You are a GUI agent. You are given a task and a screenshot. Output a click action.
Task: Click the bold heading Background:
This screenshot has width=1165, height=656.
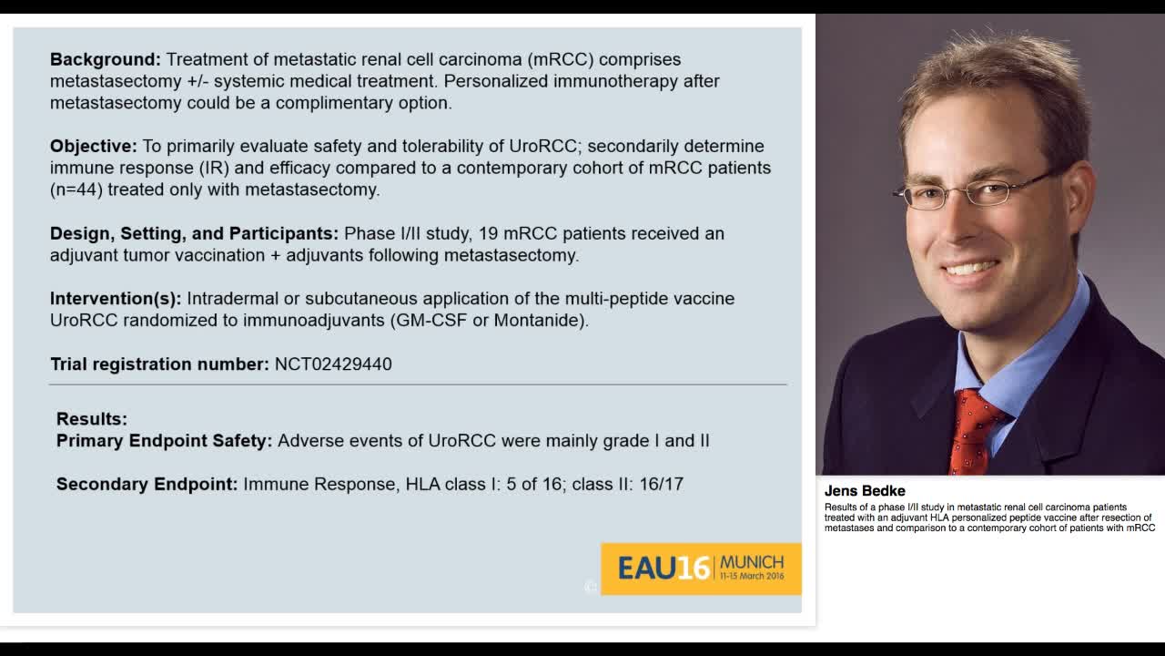[106, 59]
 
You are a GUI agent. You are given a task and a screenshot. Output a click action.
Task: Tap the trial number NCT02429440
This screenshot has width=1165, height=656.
[333, 364]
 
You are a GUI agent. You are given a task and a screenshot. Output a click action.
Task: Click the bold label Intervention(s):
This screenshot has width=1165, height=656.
[116, 299]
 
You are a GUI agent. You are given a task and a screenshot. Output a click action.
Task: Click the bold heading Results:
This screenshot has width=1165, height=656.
[92, 419]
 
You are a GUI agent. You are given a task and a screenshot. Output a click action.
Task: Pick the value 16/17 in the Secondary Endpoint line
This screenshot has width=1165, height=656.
[662, 485]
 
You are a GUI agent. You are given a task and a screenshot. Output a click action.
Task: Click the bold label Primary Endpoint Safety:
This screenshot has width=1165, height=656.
[164, 441]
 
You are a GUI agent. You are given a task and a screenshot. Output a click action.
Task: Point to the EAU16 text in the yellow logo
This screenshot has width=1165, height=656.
[664, 569]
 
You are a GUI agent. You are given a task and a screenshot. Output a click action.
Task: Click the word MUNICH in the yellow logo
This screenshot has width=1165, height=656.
[751, 562]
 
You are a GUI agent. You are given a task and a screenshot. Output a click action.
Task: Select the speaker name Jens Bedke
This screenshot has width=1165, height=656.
[865, 491]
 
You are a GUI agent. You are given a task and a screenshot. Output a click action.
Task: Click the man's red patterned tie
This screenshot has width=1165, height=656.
[972, 428]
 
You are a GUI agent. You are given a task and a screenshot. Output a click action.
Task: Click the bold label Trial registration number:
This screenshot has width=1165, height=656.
[159, 364]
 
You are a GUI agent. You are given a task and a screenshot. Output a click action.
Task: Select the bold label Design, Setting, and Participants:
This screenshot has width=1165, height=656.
[194, 233]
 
